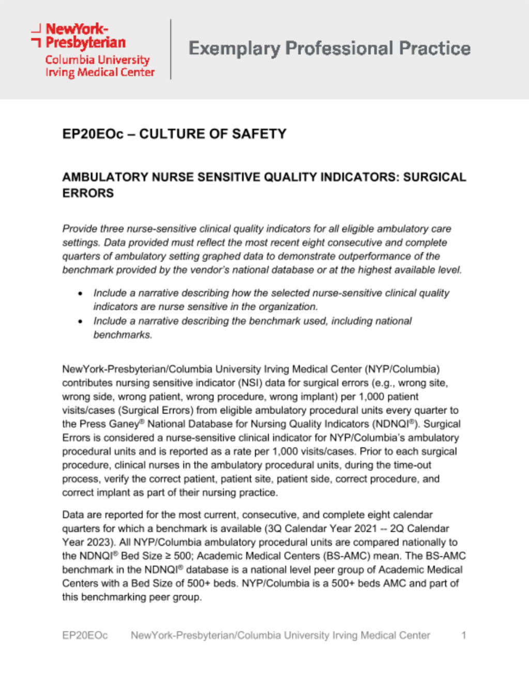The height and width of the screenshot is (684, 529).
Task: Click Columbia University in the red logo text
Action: click(97, 60)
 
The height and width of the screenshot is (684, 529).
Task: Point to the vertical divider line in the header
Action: click(170, 49)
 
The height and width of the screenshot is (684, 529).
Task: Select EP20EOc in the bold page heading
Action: click(93, 134)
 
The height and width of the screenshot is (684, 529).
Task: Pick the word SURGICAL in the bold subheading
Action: click(434, 177)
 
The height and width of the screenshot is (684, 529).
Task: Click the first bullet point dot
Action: click(80, 293)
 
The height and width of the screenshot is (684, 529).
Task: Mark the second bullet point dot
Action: click(80, 321)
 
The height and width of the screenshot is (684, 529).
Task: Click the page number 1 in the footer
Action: click(464, 635)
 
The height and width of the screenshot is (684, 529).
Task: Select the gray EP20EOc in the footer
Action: click(85, 635)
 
